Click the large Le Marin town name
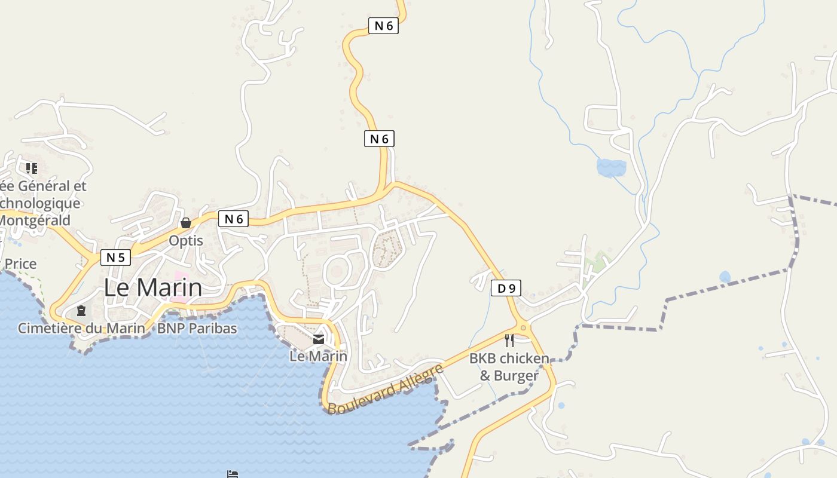pos(153,288)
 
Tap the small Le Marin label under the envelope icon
pos(318,356)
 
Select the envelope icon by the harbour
pos(319,339)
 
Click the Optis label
pos(186,241)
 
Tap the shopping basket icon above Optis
pos(186,223)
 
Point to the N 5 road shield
pos(115,258)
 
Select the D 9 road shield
pos(506,289)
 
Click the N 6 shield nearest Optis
pos(233,219)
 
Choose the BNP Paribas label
pos(197,328)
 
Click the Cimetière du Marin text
pos(81,328)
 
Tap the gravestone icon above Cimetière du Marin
pos(81,311)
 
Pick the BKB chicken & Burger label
pos(509,367)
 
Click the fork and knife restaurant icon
pos(509,341)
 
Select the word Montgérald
pos(35,220)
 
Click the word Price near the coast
pos(20,263)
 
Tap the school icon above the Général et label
pos(32,168)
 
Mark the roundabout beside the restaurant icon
pos(524,327)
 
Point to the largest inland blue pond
pos(611,167)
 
